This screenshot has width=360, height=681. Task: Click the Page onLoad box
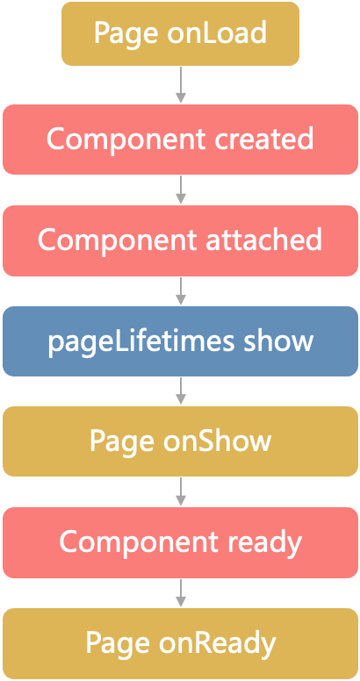[180, 34]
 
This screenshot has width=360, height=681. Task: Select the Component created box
[180, 140]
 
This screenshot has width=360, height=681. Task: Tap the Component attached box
[180, 240]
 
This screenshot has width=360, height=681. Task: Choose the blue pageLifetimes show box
[180, 341]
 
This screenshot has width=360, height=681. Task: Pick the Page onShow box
[180, 441]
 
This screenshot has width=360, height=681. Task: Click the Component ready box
[180, 542]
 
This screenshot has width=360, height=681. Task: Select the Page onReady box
[180, 643]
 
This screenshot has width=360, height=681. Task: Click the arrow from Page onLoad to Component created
[180, 85]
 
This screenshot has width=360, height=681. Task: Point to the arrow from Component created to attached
[180, 190]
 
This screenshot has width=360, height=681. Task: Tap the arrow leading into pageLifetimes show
[180, 291]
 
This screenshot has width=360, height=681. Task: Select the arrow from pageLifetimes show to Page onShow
[180, 391]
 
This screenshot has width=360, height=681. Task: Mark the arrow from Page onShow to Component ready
[180, 491]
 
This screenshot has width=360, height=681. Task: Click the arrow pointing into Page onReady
[180, 593]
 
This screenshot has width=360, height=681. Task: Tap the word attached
[263, 240]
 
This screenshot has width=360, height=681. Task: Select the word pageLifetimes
[140, 343]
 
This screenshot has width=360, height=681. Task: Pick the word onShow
[217, 441]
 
